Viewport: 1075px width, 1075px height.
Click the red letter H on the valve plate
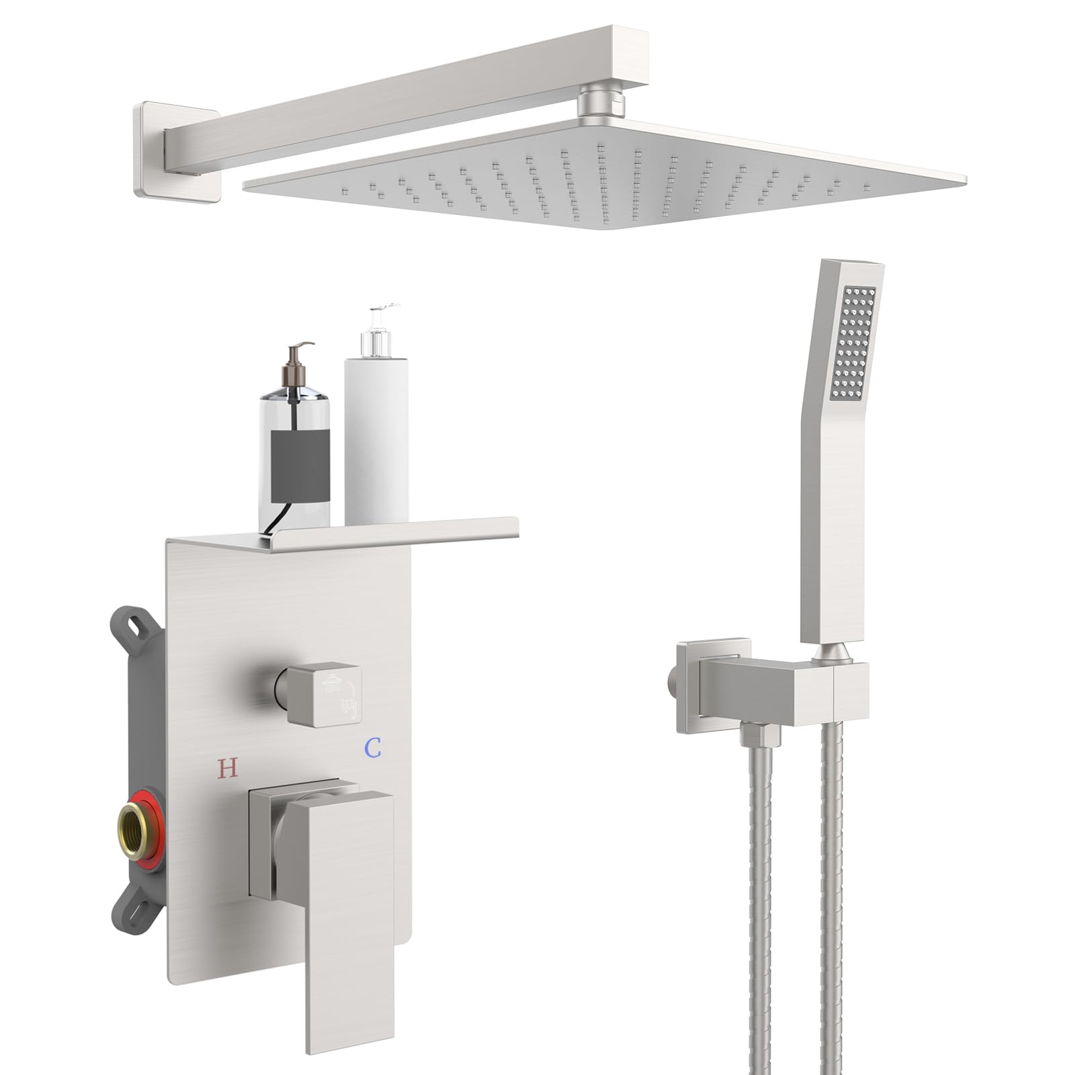228,767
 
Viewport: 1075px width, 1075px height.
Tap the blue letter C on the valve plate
374,747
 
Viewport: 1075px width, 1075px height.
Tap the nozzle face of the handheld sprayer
853,343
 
